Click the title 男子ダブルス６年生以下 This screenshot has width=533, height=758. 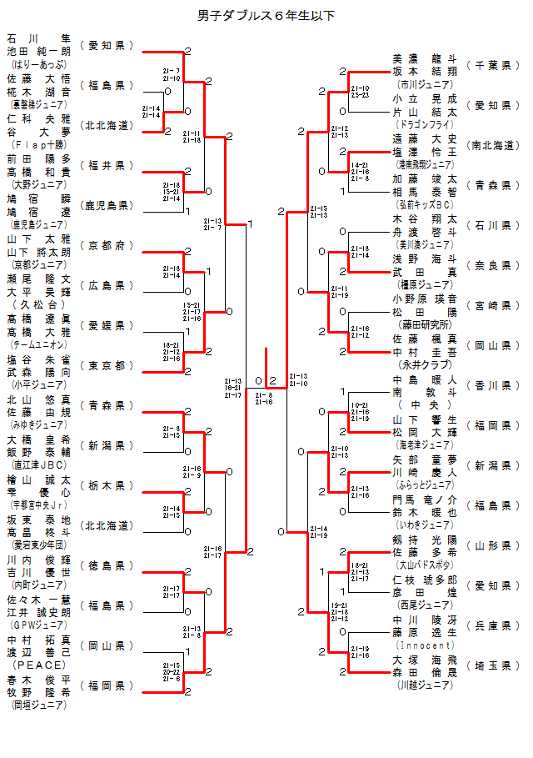[266, 16]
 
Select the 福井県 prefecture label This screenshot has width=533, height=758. [107, 165]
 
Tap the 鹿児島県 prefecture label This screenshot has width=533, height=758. [107, 205]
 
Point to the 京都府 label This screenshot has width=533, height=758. [107, 245]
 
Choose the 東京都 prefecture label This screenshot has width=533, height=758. [107, 365]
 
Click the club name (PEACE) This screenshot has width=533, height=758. [39, 665]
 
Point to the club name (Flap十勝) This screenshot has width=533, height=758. [39, 144]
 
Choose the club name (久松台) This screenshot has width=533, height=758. [39, 304]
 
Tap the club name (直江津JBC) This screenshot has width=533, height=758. [39, 464]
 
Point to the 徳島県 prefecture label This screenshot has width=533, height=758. [107, 565]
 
